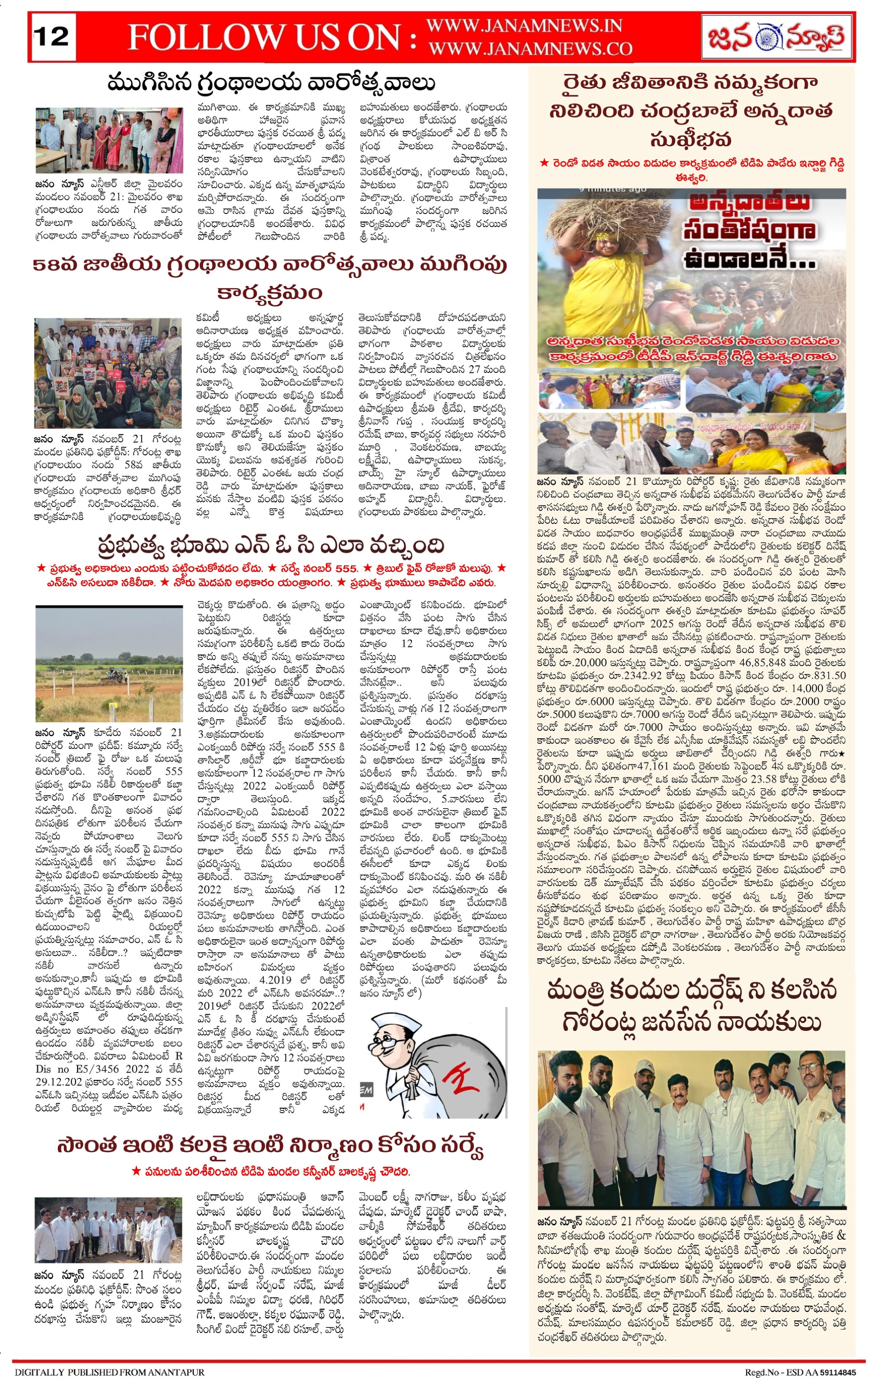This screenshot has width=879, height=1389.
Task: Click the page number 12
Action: tap(52, 37)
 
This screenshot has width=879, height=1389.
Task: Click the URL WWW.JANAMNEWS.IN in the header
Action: tap(524, 26)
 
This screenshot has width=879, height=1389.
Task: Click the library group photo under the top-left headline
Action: tap(109, 140)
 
